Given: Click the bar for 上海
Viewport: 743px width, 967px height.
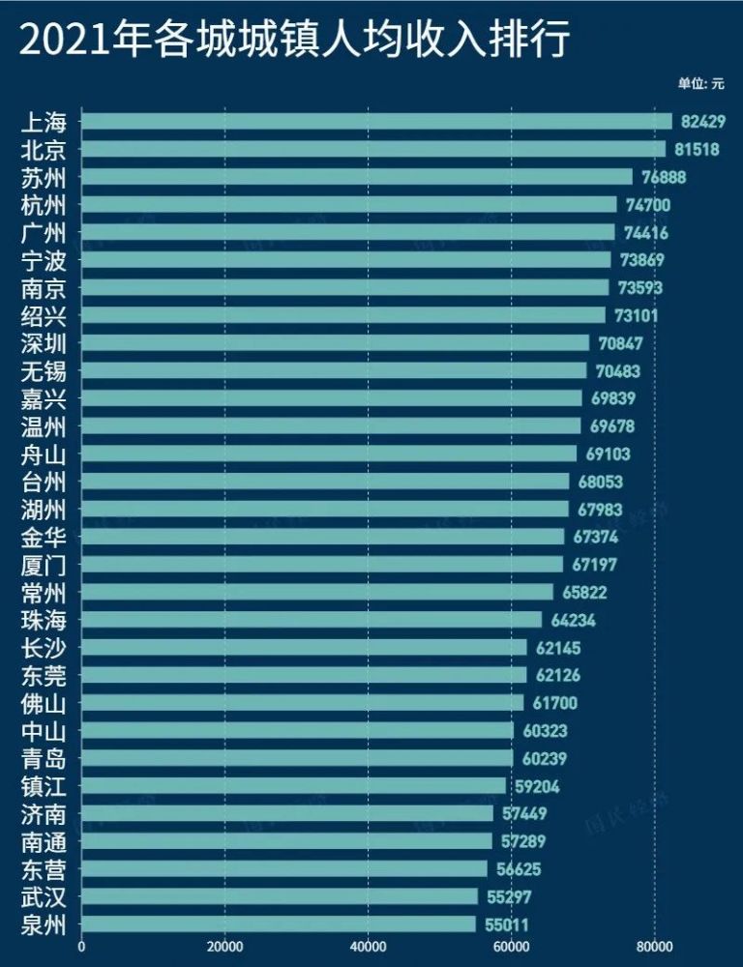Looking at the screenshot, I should (x=376, y=121).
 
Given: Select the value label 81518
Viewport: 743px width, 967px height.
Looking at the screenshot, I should (x=704, y=149).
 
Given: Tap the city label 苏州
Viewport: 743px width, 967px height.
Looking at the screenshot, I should (x=44, y=177).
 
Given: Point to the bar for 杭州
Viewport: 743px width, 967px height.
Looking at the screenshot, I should (x=348, y=205).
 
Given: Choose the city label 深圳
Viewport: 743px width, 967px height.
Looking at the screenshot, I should (x=44, y=343).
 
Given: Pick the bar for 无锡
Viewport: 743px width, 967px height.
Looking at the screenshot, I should (x=334, y=370).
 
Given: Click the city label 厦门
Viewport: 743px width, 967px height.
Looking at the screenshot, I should (x=44, y=565).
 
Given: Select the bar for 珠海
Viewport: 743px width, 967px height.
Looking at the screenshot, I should (x=312, y=620).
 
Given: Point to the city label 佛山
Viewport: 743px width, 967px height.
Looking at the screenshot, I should (x=44, y=703).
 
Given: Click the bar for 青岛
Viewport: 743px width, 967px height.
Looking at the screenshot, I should (x=297, y=758).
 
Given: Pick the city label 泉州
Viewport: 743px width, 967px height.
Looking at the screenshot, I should (x=44, y=924).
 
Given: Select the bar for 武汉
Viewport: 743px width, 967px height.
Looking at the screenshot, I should (x=280, y=896).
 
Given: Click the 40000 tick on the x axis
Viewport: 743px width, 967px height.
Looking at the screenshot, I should (x=368, y=949).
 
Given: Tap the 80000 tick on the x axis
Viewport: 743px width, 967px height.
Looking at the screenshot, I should (x=654, y=949).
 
